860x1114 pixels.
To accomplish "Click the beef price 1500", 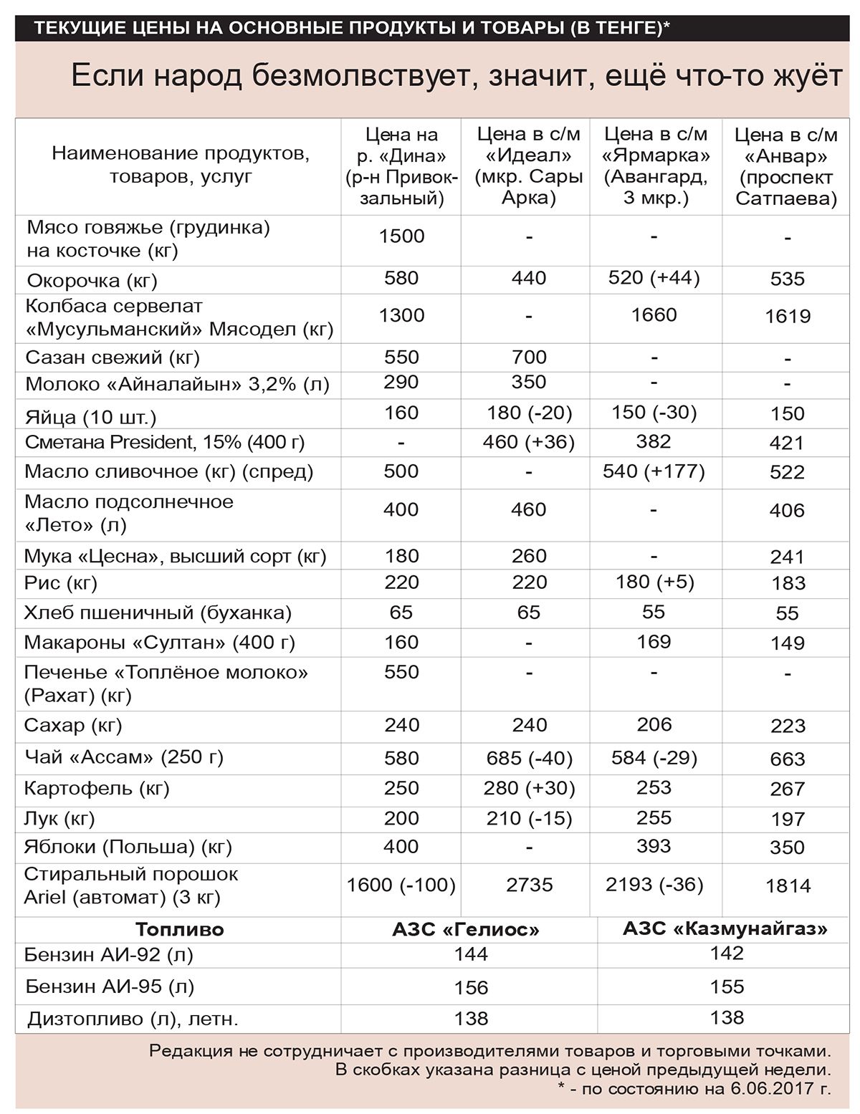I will (x=401, y=236).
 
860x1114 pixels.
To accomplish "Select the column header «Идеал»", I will (x=529, y=165).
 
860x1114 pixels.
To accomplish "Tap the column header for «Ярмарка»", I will (x=656, y=165).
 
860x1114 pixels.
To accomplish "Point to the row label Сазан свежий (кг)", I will (x=113, y=357).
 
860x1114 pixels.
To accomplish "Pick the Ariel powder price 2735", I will (x=529, y=885).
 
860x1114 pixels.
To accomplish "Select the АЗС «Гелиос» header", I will (x=466, y=930).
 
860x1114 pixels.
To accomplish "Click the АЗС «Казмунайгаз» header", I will (x=725, y=929).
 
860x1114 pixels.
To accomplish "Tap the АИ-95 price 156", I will (x=471, y=987).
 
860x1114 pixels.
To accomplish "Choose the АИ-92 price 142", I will (x=727, y=954).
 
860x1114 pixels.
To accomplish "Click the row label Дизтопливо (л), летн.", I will (x=133, y=1018).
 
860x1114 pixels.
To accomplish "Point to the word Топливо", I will (x=180, y=930).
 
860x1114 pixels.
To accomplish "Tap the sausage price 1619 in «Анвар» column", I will (x=788, y=316).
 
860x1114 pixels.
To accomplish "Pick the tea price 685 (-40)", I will (x=529, y=758).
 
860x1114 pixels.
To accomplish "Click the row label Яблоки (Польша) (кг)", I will (x=128, y=847).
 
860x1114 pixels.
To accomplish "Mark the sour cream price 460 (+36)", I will (x=529, y=442).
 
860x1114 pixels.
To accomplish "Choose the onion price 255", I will (x=654, y=817).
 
